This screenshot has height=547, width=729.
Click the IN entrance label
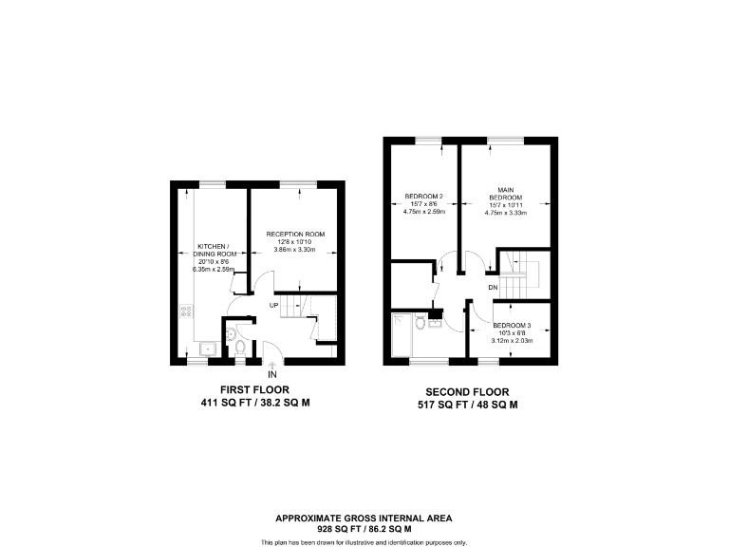click(272, 375)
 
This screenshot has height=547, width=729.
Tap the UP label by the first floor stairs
click(273, 305)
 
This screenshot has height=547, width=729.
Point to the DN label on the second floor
click(494, 287)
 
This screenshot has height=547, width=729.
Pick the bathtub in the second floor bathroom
click(403, 337)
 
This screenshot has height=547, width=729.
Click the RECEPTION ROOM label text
click(295, 234)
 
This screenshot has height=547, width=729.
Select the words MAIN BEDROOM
click(505, 194)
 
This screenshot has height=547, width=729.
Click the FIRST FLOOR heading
click(253, 389)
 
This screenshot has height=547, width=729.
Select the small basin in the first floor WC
click(231, 333)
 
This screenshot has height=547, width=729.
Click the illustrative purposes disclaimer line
click(364, 541)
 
